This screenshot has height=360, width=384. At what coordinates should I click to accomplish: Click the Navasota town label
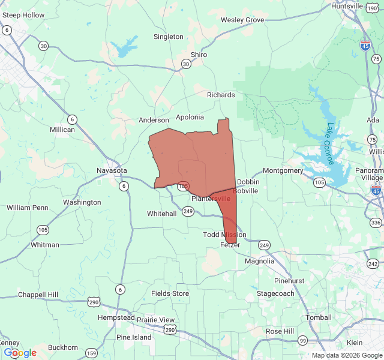pyautogui.click(x=112, y=170)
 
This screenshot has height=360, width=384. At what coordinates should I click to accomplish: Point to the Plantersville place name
pyautogui.click(x=211, y=199)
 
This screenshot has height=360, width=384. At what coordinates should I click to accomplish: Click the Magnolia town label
pyautogui.click(x=259, y=261)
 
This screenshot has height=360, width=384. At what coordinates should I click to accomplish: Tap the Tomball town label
pyautogui.click(x=318, y=317)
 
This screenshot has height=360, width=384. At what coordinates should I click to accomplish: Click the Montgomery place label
pyautogui.click(x=283, y=170)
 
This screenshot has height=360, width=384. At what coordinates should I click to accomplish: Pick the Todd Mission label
pyautogui.click(x=224, y=235)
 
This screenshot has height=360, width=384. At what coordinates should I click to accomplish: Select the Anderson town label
pyautogui.click(x=154, y=120)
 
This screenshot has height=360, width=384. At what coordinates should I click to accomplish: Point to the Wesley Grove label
pyautogui.click(x=242, y=20)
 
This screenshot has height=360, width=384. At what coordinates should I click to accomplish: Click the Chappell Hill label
pyautogui.click(x=38, y=295)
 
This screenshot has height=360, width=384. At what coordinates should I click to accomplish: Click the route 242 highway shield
pyautogui.click(x=373, y=264)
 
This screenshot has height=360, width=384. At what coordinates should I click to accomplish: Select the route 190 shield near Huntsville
pyautogui.click(x=372, y=8)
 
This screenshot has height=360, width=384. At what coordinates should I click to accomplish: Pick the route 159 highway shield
pyautogui.click(x=91, y=353)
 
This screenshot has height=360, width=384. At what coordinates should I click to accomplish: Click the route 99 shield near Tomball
pyautogui.click(x=303, y=341)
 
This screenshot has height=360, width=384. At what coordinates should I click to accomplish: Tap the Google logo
pyautogui.click(x=20, y=353)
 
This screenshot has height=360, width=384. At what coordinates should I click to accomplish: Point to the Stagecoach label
pyautogui.click(x=275, y=293)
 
